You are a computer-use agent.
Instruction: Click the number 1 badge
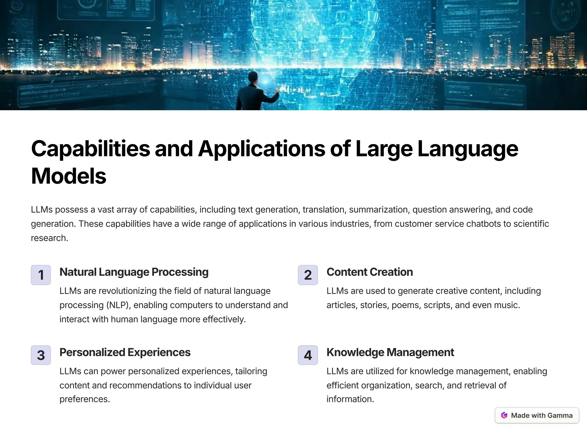point(41,275)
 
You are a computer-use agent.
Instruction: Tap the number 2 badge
point(308,275)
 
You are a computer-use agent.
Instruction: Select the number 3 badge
point(41,355)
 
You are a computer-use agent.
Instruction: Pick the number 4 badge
point(308,355)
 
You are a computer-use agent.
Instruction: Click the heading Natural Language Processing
point(134,272)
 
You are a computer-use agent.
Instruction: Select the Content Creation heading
point(369,272)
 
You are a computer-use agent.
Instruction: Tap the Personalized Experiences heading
point(125,352)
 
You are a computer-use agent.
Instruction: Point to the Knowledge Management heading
point(390,352)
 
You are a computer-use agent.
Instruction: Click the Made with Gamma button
point(537,415)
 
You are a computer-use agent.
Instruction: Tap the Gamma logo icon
point(504,415)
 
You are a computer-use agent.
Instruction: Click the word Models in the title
point(69,176)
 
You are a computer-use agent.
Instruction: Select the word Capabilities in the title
point(91,149)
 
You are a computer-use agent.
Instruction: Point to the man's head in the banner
point(253,77)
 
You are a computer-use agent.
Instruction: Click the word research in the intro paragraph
point(49,238)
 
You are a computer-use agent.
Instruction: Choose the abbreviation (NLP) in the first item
point(118,305)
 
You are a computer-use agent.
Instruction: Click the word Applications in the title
point(261,149)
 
